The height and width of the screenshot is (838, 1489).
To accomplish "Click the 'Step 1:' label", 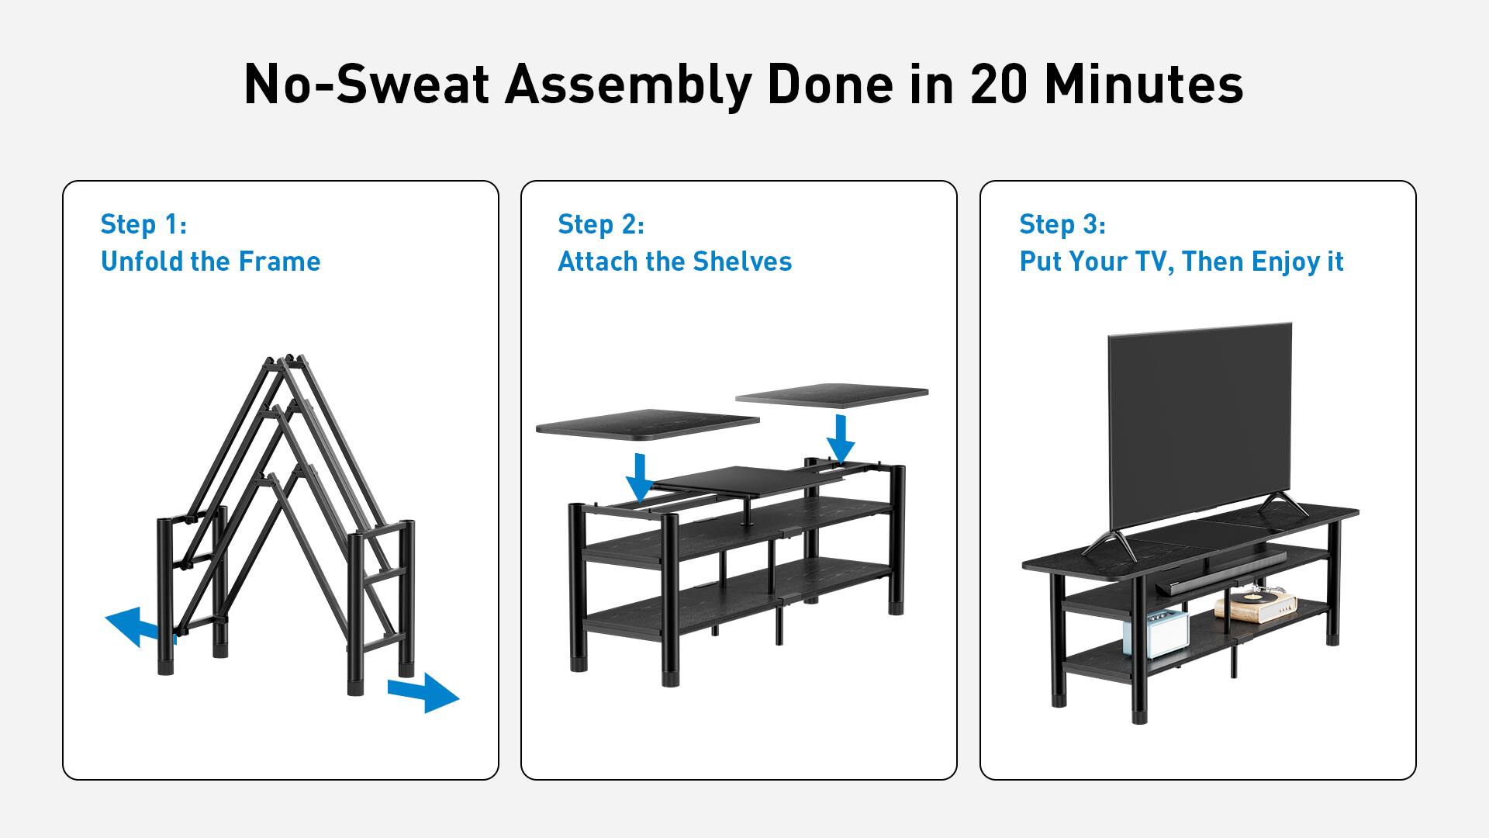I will (x=143, y=224).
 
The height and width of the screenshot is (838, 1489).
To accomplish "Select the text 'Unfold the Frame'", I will (x=210, y=261).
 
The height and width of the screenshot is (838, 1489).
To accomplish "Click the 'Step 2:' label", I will (x=601, y=224).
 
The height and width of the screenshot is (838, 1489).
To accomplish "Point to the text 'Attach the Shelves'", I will (x=675, y=261).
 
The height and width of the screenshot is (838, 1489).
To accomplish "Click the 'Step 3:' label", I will (x=1062, y=224).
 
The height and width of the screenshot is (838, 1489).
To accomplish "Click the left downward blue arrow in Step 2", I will (x=640, y=478).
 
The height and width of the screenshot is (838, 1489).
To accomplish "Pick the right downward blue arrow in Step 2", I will (x=840, y=439).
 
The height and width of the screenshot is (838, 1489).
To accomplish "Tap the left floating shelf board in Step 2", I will (x=648, y=424).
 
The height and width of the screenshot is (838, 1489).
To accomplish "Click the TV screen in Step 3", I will (x=1200, y=427).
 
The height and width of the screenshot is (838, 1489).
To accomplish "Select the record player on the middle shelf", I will (x=1249, y=604).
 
